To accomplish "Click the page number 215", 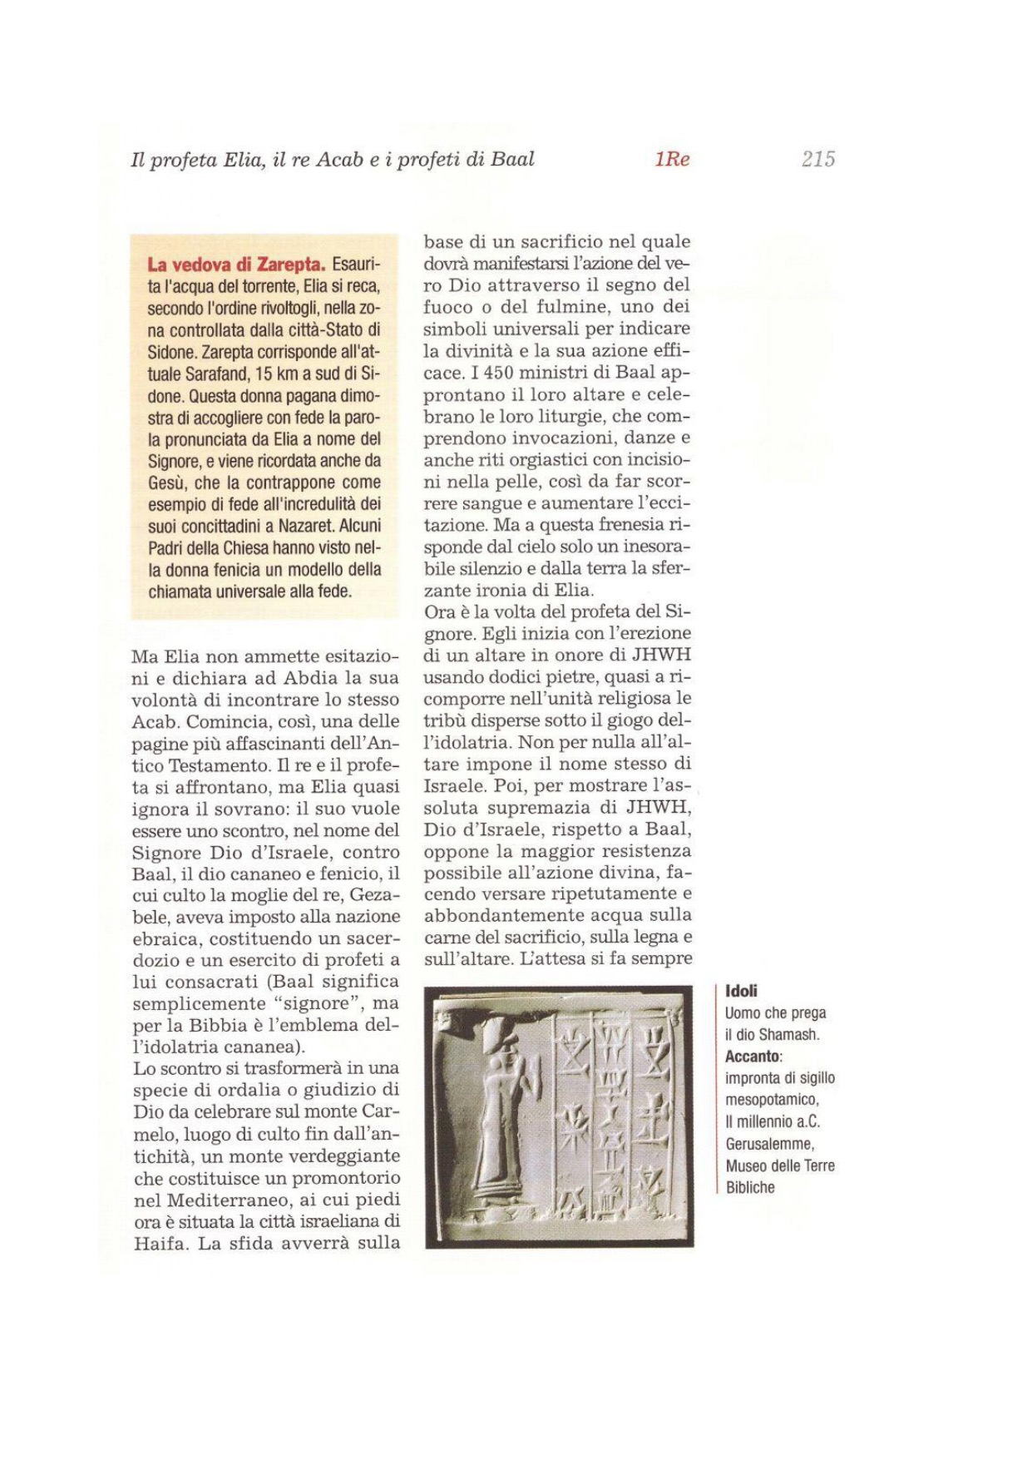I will pyautogui.click(x=818, y=159).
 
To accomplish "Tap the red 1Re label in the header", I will pyautogui.click(x=672, y=159).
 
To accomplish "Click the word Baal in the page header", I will pyautogui.click(x=512, y=159).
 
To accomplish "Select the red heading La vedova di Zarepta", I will pyautogui.click(x=236, y=265).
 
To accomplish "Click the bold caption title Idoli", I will pyautogui.click(x=741, y=991).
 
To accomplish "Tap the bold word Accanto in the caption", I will pyautogui.click(x=753, y=1057).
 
